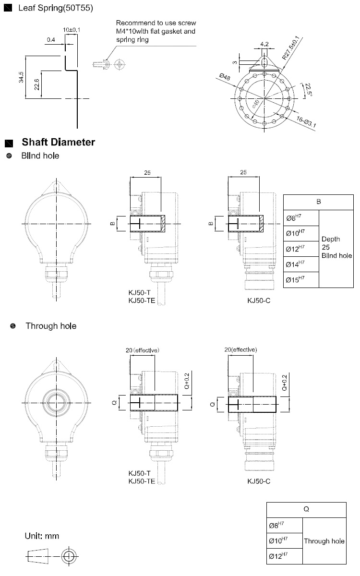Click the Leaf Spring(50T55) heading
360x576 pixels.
pos(55,9)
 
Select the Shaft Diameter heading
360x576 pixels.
pos(58,142)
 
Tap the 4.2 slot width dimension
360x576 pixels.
pos(264,45)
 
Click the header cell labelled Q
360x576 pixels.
pos(306,510)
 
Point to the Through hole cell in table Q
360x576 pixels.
pos(324,541)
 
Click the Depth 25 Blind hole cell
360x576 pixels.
pos(336,247)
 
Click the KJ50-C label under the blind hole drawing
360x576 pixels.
pos(259,300)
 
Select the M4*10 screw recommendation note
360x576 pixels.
pos(156,32)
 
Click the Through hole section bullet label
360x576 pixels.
pos(51,326)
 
